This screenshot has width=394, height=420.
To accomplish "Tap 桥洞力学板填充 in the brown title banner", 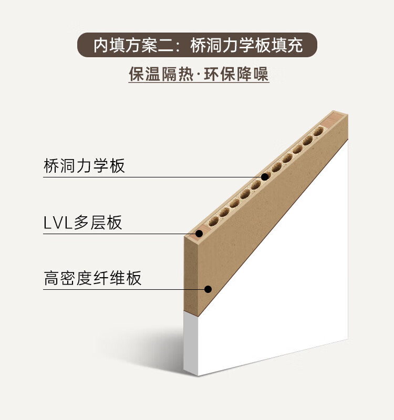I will pyautogui.click(x=247, y=45).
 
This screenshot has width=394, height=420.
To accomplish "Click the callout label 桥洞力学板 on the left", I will pyautogui.click(x=84, y=166).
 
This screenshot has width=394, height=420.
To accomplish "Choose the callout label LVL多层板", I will pyautogui.click(x=83, y=223).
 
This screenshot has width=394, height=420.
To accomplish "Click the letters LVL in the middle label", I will pyautogui.click(x=58, y=223).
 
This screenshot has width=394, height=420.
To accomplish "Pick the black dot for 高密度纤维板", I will pyautogui.click(x=208, y=289).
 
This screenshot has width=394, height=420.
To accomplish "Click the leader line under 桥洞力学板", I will pyautogui.click(x=152, y=177).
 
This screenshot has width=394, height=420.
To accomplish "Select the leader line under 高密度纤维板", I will pyautogui.click(x=126, y=289).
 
